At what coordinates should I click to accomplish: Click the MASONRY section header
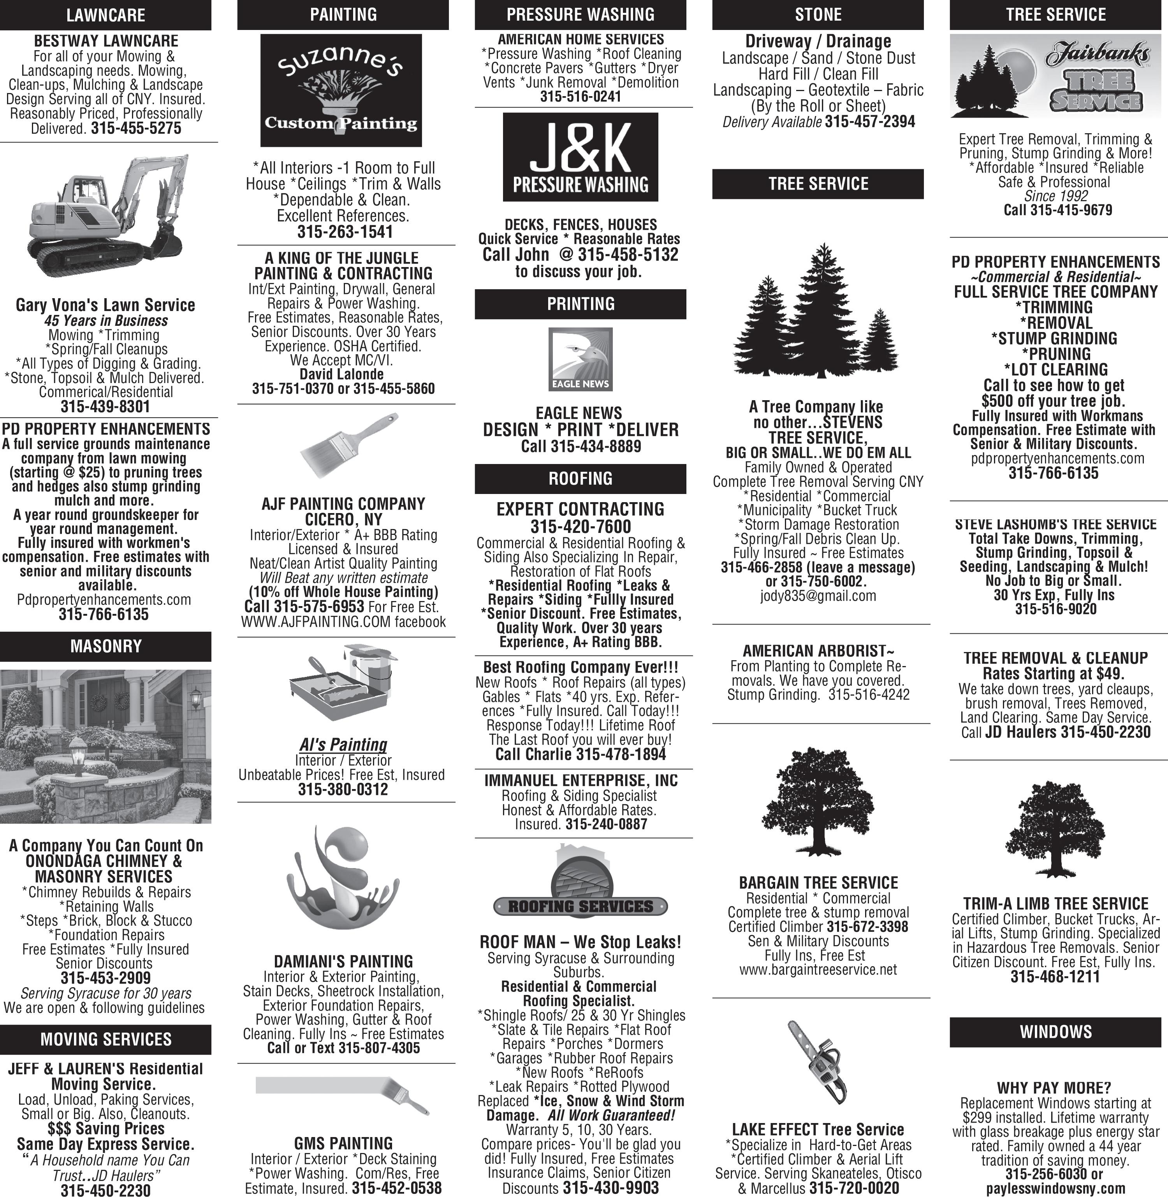(x=106, y=646)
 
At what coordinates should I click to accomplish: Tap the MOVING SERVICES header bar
(x=106, y=1039)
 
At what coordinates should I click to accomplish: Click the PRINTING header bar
(x=580, y=304)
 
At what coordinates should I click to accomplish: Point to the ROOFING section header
(x=580, y=478)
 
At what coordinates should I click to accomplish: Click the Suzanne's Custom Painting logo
(x=341, y=90)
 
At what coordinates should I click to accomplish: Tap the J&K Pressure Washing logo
(x=580, y=157)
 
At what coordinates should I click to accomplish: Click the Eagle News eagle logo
(x=580, y=359)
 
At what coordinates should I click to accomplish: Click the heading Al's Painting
(x=343, y=744)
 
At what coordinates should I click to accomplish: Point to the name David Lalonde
(x=342, y=374)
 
